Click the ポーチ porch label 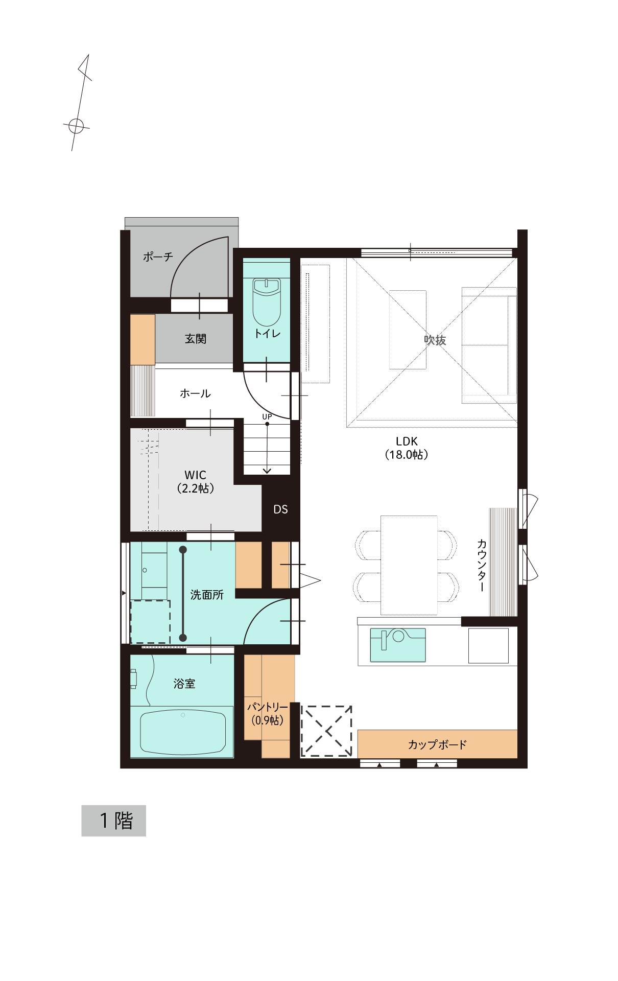pyautogui.click(x=158, y=256)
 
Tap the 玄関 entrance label pyautogui.click(x=196, y=339)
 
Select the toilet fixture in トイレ pyautogui.click(x=267, y=302)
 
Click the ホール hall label pyautogui.click(x=195, y=393)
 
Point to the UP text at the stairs pyautogui.click(x=267, y=417)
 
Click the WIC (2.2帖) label pyautogui.click(x=196, y=482)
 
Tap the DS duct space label pyautogui.click(x=280, y=509)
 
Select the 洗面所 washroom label pyautogui.click(x=207, y=595)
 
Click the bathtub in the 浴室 pyautogui.click(x=182, y=732)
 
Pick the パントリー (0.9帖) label pyautogui.click(x=268, y=714)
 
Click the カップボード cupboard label pyautogui.click(x=437, y=744)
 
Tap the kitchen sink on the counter pyautogui.click(x=398, y=645)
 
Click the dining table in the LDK pyautogui.click(x=409, y=565)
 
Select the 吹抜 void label pyautogui.click(x=435, y=340)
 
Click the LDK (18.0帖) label pyautogui.click(x=407, y=448)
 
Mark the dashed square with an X pyautogui.click(x=326, y=731)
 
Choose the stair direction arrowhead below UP pyautogui.click(x=267, y=470)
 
